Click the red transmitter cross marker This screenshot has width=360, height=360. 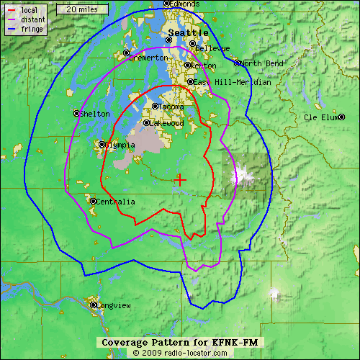click(x=180, y=179)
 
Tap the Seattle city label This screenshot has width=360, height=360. click(x=188, y=33)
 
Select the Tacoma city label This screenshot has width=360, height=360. click(x=171, y=107)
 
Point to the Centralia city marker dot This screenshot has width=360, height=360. click(x=93, y=201)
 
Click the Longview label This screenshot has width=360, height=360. click(x=114, y=306)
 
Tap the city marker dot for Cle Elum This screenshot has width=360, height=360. click(x=342, y=117)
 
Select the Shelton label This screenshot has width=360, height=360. click(x=95, y=114)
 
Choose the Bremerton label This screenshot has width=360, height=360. click(x=149, y=58)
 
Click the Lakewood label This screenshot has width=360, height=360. click(x=167, y=124)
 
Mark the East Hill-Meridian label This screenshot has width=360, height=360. click(x=232, y=82)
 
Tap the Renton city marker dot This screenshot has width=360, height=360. click(x=188, y=65)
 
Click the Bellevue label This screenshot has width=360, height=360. click(x=213, y=48)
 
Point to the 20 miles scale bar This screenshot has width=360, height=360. click(x=78, y=9)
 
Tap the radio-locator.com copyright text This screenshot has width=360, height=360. click(x=179, y=353)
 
